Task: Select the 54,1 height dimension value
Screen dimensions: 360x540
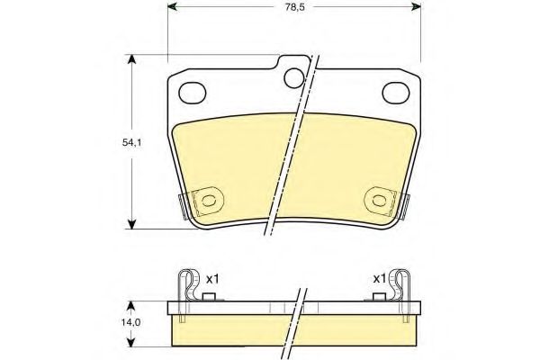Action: pyautogui.click(x=109, y=141)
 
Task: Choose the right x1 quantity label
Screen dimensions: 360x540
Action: pyautogui.click(x=379, y=278)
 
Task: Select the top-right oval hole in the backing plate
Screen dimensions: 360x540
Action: pyautogui.click(x=397, y=91)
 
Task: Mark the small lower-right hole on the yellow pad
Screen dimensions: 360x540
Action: pyautogui.click(x=379, y=200)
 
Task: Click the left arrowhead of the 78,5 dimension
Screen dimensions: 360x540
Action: pyautogui.click(x=174, y=9)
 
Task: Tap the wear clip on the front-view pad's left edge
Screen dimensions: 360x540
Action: pyautogui.click(x=184, y=205)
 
